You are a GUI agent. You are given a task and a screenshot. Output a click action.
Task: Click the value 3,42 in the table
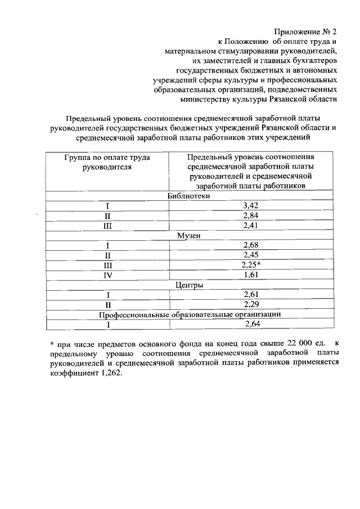click(250, 206)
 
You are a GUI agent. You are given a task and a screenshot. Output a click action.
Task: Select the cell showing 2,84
click(250, 216)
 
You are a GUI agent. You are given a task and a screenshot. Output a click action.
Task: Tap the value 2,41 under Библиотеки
click(250, 226)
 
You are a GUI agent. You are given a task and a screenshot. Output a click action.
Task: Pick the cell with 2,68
click(250, 245)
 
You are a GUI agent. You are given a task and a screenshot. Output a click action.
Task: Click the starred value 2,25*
click(251, 265)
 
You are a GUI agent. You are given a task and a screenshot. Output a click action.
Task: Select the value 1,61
click(250, 275)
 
